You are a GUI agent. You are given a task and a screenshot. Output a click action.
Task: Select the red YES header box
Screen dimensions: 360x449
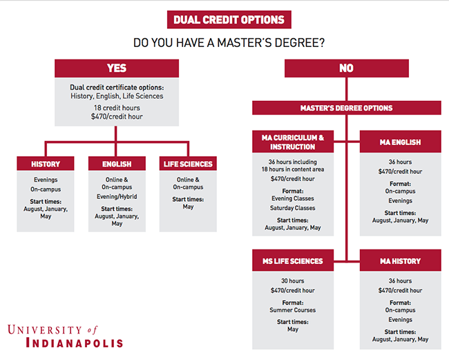(x=117, y=68)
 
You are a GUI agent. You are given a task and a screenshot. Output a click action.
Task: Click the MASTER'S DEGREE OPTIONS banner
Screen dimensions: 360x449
(x=346, y=108)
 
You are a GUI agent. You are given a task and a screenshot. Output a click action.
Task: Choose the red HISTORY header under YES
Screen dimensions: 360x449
(x=46, y=164)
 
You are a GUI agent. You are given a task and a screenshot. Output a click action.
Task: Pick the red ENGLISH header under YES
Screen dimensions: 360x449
(x=117, y=164)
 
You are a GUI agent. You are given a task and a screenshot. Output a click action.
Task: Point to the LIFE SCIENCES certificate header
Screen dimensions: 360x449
(x=188, y=164)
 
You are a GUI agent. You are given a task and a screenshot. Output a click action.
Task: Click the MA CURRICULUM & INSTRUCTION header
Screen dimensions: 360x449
(x=293, y=142)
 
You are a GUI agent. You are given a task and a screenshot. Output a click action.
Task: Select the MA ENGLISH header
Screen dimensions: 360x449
(x=400, y=142)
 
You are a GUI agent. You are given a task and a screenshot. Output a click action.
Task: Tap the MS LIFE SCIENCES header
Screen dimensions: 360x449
(x=293, y=261)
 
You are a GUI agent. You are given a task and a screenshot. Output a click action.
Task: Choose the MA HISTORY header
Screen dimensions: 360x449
(x=400, y=261)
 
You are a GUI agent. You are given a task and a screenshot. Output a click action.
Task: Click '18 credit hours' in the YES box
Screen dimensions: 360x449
(x=117, y=108)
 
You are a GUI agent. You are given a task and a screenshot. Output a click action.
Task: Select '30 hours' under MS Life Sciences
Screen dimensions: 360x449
(x=293, y=280)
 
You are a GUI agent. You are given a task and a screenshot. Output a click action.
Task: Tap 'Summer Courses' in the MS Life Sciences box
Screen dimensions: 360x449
(x=293, y=309)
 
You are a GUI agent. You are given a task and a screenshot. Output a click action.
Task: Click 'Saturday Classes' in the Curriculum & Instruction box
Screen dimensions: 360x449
(x=293, y=208)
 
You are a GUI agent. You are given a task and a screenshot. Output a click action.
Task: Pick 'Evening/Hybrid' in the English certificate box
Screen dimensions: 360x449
(x=117, y=197)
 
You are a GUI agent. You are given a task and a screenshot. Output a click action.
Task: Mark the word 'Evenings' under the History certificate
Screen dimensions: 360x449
(x=46, y=179)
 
